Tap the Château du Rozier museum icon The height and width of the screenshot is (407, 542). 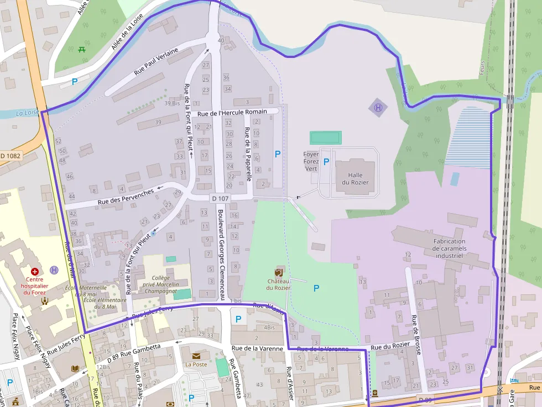click(278, 272)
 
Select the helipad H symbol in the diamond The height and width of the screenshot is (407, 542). click(378, 108)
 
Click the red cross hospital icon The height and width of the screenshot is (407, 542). click(35, 272)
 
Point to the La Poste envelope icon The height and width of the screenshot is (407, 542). click(196, 356)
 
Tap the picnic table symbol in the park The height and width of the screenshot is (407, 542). click(82, 49)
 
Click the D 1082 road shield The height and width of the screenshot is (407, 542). click(11, 156)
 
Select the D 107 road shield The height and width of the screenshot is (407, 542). click(220, 198)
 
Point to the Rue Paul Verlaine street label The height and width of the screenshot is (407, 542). click(156, 61)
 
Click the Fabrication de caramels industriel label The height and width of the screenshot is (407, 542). click(449, 249)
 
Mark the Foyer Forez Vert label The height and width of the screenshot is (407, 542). click(311, 161)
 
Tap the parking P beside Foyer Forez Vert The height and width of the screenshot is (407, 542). click(326, 162)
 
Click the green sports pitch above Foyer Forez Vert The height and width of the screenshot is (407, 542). click(325, 137)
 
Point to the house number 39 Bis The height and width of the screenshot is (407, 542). click(172, 103)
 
